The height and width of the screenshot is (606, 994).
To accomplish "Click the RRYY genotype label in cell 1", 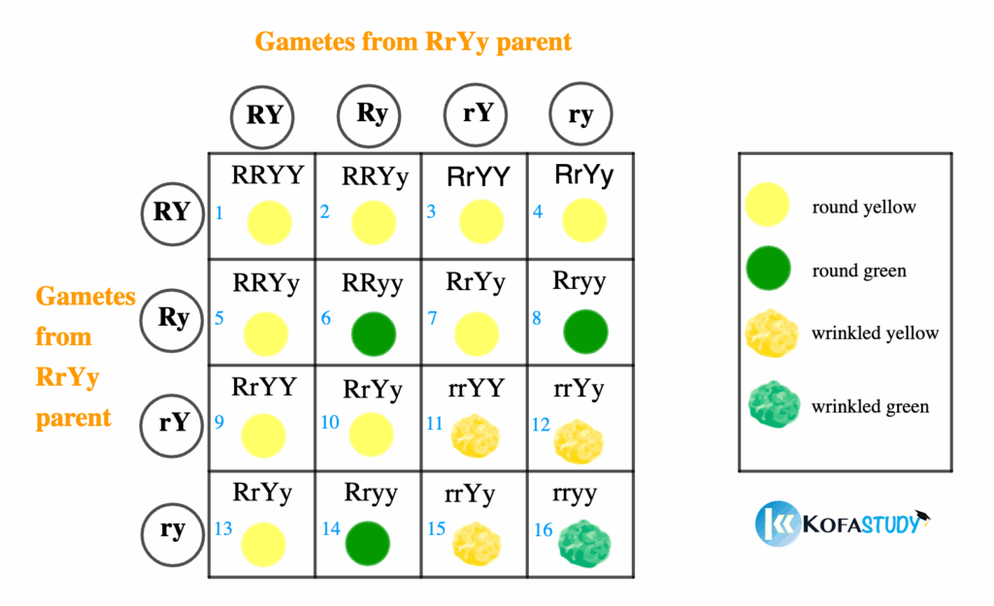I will click(x=268, y=175).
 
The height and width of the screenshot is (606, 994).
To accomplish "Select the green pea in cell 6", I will click(x=374, y=334).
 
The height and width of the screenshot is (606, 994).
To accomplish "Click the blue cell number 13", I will click(x=222, y=528).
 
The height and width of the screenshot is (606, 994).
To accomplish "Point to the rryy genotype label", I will click(x=576, y=494).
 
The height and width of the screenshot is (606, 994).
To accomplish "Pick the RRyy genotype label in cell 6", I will click(x=374, y=283).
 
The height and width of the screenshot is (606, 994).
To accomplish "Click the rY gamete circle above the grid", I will click(x=478, y=114).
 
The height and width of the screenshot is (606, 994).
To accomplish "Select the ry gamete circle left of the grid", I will click(x=172, y=529).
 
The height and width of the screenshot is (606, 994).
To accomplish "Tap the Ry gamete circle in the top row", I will click(x=372, y=114).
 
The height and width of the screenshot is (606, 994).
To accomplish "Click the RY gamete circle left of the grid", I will click(x=172, y=210).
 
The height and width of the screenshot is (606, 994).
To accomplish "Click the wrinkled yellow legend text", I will click(x=875, y=334).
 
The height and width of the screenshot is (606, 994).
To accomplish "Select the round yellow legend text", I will click(x=863, y=207).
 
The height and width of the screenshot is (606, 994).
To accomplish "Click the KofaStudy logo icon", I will click(x=777, y=523).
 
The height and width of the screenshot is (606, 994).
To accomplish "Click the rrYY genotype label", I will click(x=476, y=388).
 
